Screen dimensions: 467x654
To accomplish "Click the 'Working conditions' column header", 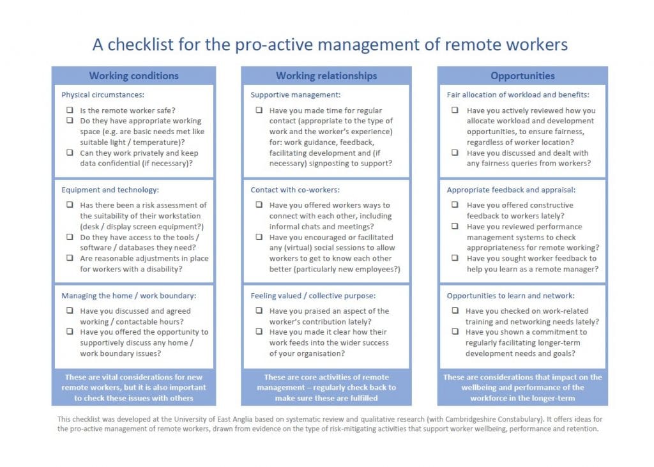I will [x=133, y=76].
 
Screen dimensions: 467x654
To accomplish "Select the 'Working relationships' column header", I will [x=326, y=76].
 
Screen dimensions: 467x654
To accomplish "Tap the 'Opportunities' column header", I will [x=522, y=76].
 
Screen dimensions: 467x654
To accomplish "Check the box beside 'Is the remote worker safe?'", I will [x=70, y=111].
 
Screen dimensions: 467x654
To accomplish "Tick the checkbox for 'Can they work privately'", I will [x=70, y=153].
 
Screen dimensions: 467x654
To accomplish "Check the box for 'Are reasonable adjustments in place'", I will [x=70, y=259].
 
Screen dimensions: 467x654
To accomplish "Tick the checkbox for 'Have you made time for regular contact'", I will [x=259, y=111].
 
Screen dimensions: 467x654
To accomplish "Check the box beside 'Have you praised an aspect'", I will [x=259, y=311].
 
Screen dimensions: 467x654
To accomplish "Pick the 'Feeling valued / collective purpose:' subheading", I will [x=313, y=296].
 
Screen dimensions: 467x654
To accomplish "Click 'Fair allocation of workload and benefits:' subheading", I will [x=517, y=95].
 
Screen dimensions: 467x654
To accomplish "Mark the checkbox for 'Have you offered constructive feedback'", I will [x=455, y=206].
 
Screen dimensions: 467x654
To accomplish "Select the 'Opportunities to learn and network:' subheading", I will [x=510, y=296].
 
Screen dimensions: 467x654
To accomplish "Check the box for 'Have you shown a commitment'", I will [x=455, y=332].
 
